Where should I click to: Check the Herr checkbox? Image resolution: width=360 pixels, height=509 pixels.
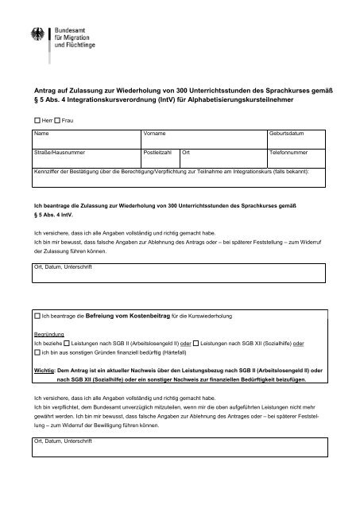click(37, 118)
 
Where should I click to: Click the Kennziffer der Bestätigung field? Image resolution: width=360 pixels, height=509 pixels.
click(179, 180)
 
